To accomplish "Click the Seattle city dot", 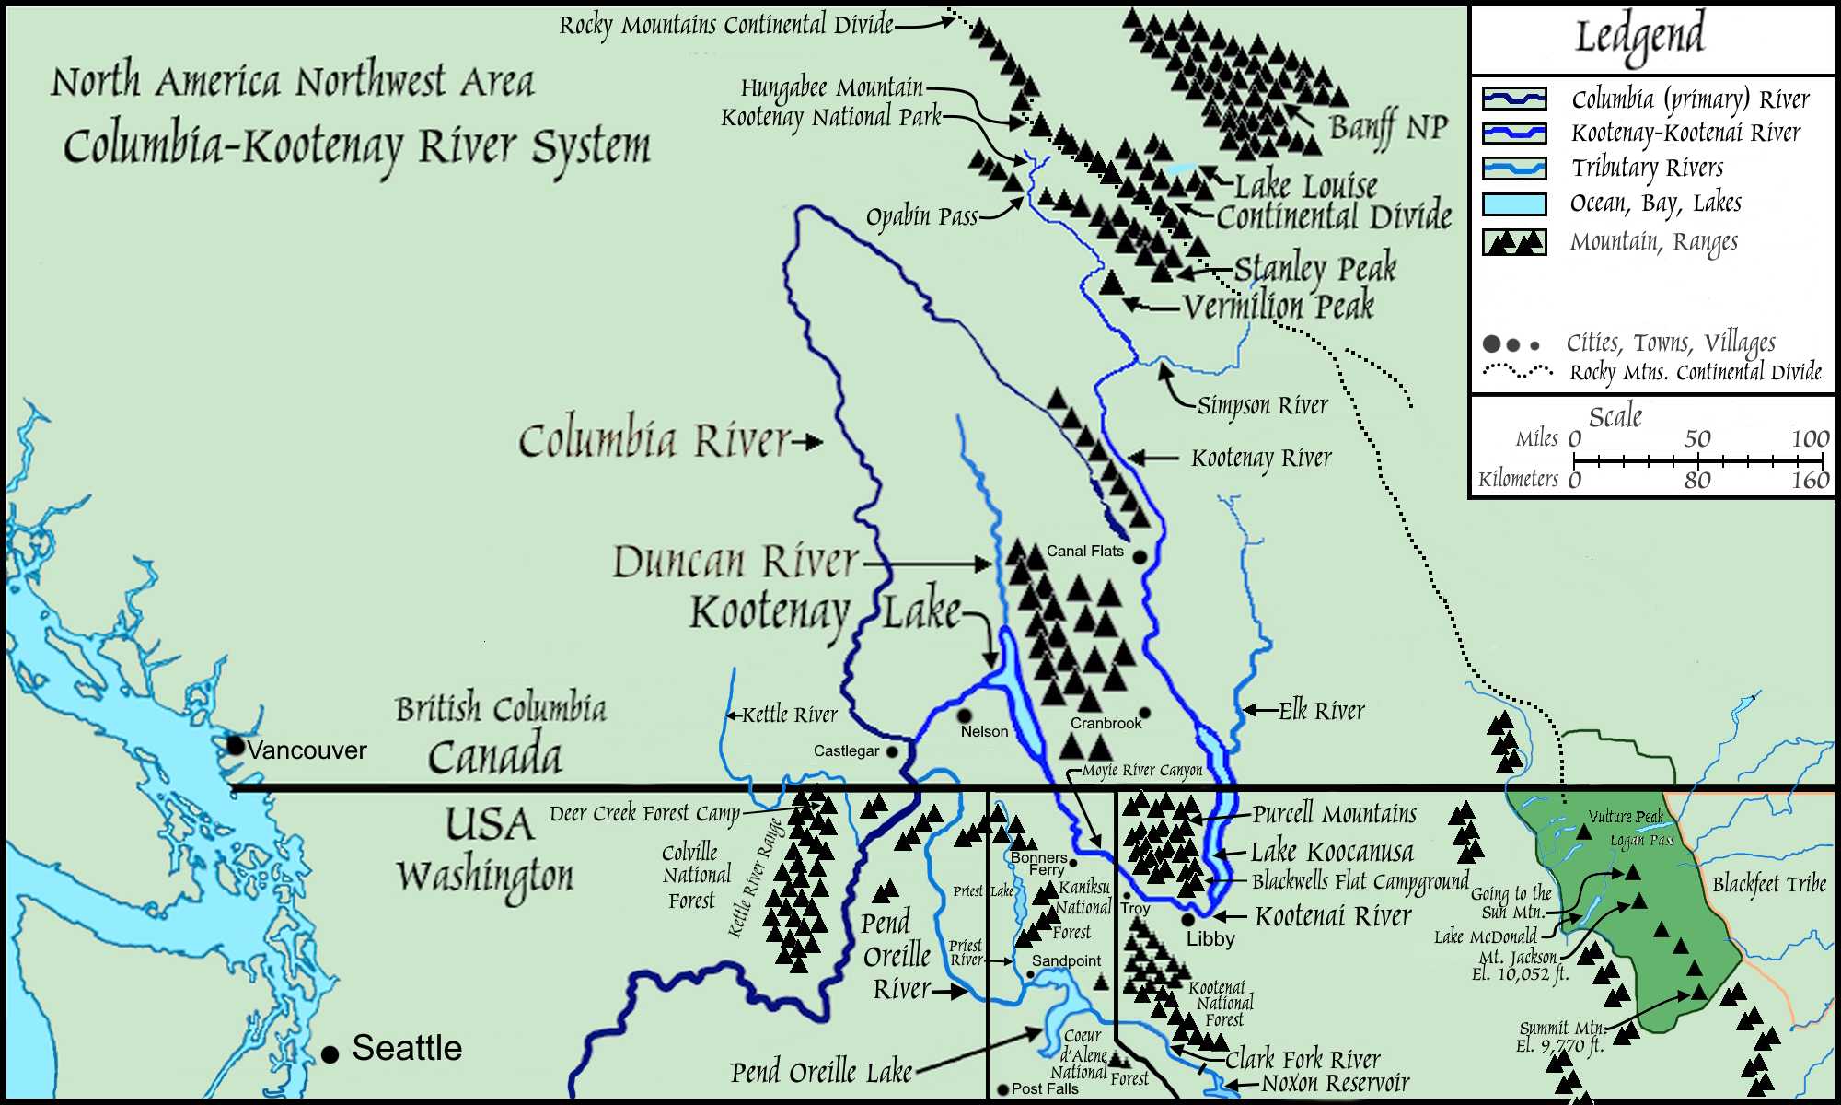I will click(x=330, y=1054).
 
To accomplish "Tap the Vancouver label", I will click(x=307, y=750).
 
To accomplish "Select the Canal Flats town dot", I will click(x=1140, y=557).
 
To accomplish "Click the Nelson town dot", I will click(x=965, y=715).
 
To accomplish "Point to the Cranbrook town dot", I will click(x=1145, y=713).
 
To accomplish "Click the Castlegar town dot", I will click(x=891, y=751).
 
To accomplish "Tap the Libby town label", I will click(x=1210, y=939).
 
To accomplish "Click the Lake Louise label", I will click(x=1305, y=186).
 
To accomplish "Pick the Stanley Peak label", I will click(x=1314, y=269).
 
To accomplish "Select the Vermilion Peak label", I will click(x=1278, y=306).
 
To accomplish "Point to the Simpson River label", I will click(x=1262, y=405).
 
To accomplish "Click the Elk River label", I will click(x=1321, y=711).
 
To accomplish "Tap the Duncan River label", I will click(x=735, y=562).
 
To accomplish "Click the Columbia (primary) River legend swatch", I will click(x=1513, y=99).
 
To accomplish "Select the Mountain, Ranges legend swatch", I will click(x=1513, y=242).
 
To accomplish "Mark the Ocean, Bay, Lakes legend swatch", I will click(x=1513, y=204).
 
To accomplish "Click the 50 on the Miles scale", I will click(x=1697, y=438).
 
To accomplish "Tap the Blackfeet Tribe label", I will click(x=1768, y=885).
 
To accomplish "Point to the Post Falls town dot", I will click(x=1002, y=1089).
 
